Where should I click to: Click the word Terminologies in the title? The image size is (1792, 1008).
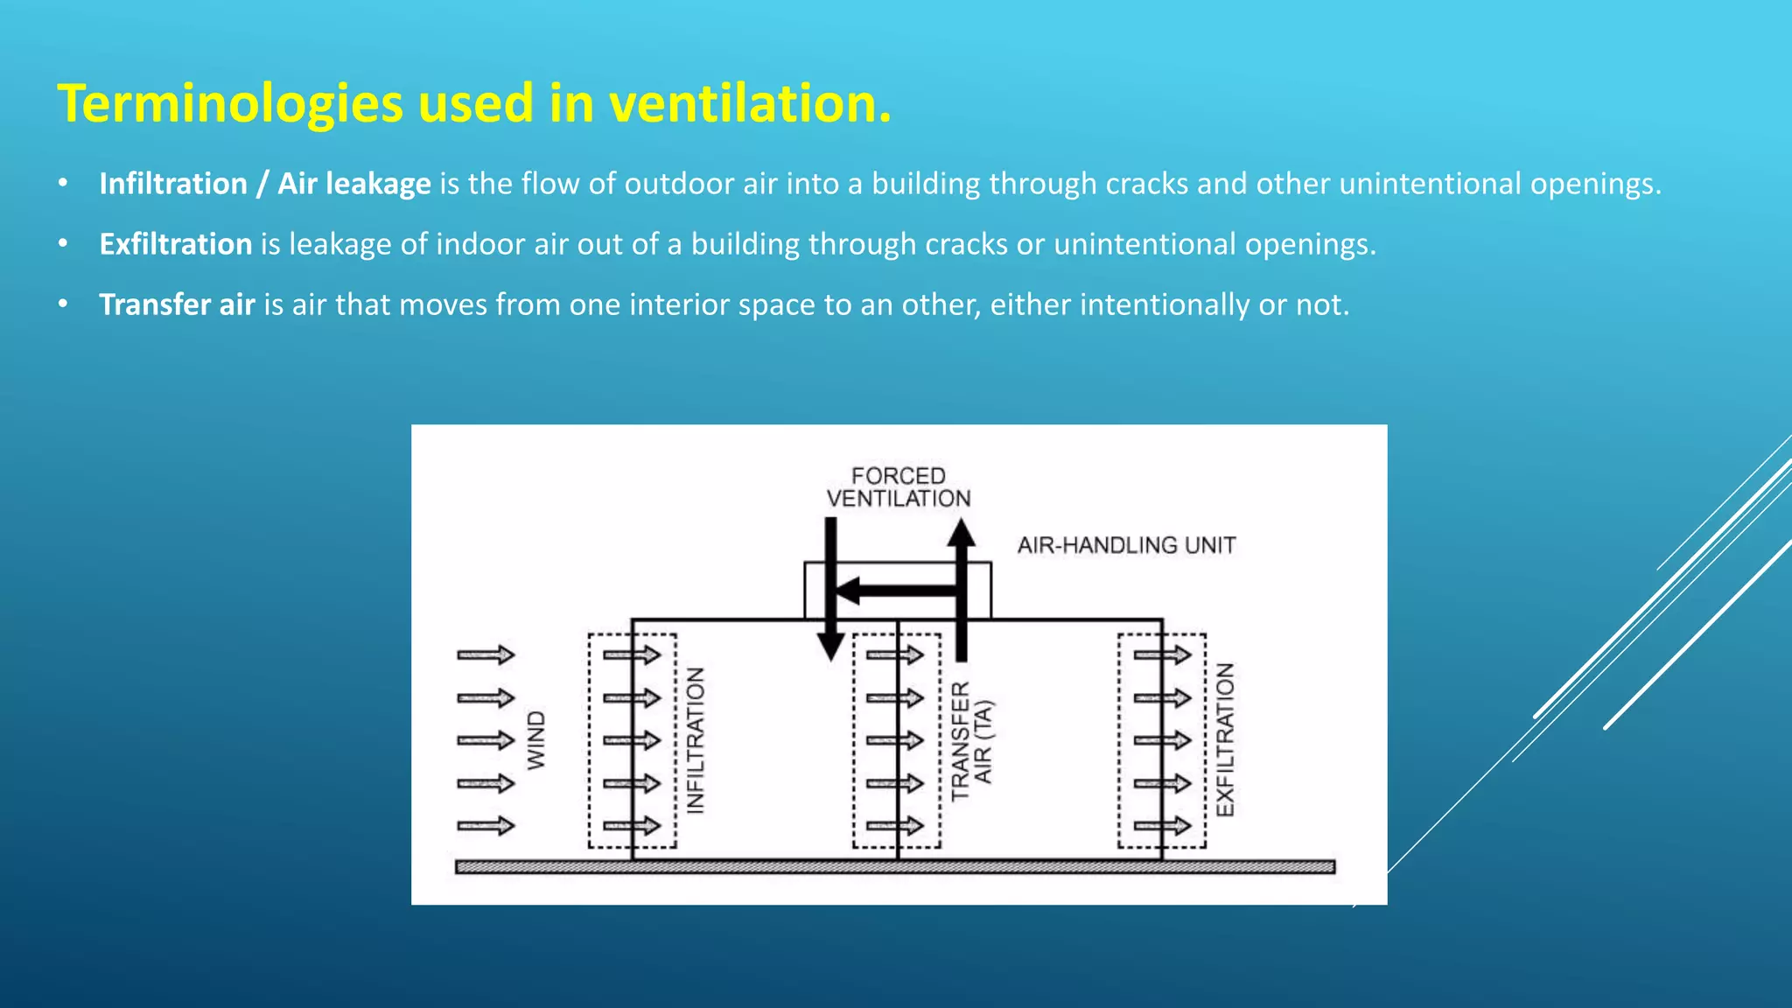pos(230,103)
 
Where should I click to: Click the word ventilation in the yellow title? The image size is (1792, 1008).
pos(749,103)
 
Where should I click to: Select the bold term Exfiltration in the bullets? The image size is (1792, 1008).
pos(176,244)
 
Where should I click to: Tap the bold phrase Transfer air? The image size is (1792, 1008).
pos(177,304)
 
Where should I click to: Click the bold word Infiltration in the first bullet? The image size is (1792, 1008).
pos(173,184)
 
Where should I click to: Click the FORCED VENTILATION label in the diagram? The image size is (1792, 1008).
pos(899,487)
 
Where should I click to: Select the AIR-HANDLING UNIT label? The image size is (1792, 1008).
pos(1126,545)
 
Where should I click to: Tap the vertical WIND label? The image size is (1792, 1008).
pos(535,740)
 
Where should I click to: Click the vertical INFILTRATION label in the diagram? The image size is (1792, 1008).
pos(696,740)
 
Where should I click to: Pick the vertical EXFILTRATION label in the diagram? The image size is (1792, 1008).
pos(1225,740)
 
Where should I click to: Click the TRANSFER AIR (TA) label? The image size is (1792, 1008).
pos(972,741)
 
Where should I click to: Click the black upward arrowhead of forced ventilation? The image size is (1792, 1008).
pos(962,531)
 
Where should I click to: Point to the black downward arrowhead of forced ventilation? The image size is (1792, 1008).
pos(830,647)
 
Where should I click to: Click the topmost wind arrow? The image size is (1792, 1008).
pos(486,654)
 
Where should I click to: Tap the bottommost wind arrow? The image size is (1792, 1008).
pos(486,825)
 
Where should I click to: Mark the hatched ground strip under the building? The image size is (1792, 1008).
pos(894,867)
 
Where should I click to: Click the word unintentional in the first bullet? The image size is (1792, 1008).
pos(1431,184)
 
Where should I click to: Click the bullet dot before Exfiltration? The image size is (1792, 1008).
pos(63,244)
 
